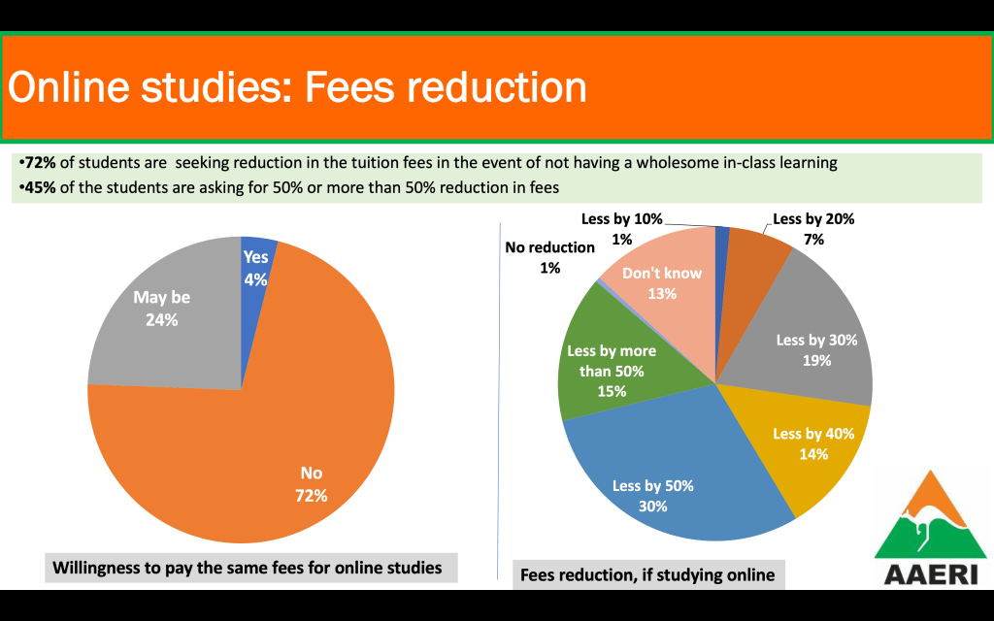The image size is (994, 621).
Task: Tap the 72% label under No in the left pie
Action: (x=311, y=495)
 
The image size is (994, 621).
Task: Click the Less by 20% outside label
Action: (x=813, y=219)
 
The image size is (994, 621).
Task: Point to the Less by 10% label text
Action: (x=621, y=219)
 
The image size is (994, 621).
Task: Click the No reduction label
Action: (x=549, y=246)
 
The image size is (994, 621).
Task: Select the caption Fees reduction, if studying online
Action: (x=647, y=574)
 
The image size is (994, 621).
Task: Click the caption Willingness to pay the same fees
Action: (x=247, y=567)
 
